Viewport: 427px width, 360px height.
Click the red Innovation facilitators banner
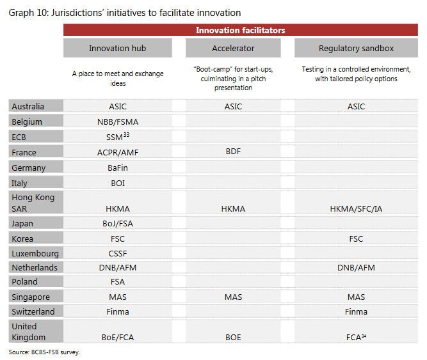coord(241,30)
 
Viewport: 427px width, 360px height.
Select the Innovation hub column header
coord(118,48)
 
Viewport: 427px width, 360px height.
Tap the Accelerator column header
coord(233,48)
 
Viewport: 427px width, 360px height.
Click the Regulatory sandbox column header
coord(356,48)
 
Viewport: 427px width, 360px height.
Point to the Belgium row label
coord(27,121)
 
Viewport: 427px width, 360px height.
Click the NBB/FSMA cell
coord(118,122)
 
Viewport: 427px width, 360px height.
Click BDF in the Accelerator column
coord(233,152)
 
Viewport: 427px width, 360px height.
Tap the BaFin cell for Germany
coord(118,168)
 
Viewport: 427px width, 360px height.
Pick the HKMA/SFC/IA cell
coord(356,208)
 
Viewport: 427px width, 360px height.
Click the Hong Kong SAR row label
coord(33,203)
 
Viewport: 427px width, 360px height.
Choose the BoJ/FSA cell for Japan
coord(118,224)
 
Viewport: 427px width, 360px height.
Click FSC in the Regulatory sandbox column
coord(356,239)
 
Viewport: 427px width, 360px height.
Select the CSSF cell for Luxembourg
coord(118,253)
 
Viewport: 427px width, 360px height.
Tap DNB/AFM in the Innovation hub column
coord(118,267)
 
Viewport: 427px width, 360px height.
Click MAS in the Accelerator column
coord(233,297)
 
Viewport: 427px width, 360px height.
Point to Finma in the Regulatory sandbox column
coord(356,311)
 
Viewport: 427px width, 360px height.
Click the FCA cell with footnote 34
coord(356,337)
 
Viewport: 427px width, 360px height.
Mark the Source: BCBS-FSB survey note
coord(44,352)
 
